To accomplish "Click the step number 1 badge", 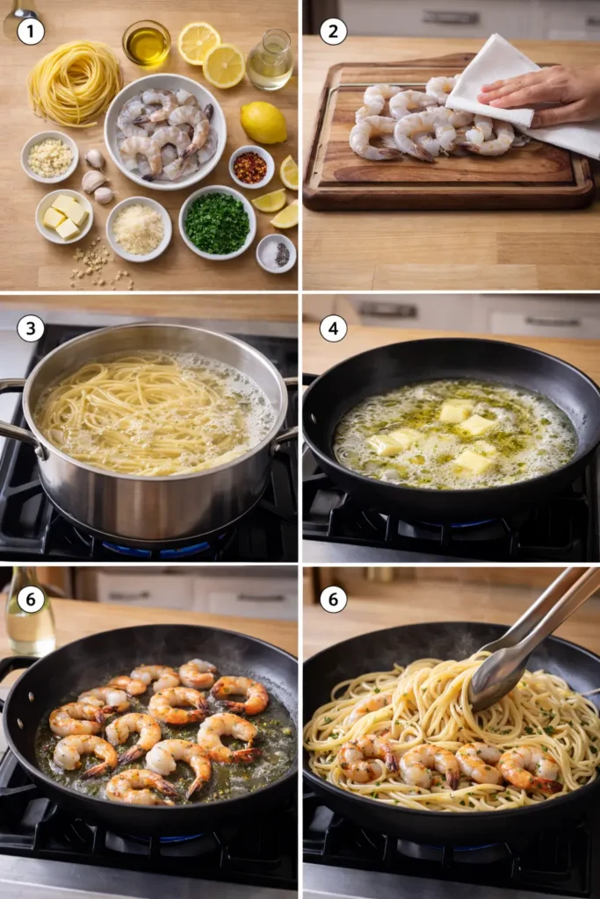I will point(30,31).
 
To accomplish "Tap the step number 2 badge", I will point(333,31).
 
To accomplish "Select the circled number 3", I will point(30,328).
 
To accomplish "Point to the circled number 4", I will point(333,328).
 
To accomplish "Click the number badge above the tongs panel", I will point(333,599).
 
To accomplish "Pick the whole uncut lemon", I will point(264,122).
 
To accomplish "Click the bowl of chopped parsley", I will point(217,222).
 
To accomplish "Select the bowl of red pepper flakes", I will point(251,167).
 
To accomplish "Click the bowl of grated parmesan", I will point(139,229).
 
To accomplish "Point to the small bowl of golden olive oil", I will point(146,44).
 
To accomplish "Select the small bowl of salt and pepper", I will point(276,253).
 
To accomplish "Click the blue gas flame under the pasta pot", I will point(158,550).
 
